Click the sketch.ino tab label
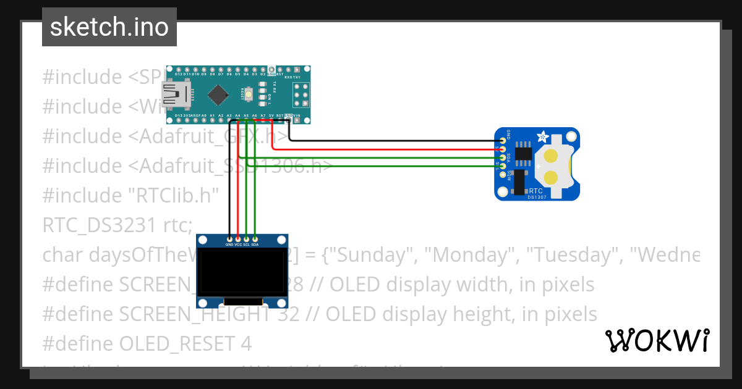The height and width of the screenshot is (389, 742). (109, 27)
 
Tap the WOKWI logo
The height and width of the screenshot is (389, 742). (657, 340)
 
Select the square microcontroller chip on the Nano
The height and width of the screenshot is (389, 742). (218, 94)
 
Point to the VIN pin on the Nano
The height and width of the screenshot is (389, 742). (297, 119)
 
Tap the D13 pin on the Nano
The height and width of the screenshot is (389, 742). (179, 119)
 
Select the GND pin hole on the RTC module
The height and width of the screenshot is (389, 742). (502, 141)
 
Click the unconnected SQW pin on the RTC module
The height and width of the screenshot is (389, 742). (502, 175)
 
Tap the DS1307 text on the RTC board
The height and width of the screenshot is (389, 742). (538, 197)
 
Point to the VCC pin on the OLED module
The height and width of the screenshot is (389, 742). (238, 238)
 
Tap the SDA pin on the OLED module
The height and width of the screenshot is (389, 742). (255, 238)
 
